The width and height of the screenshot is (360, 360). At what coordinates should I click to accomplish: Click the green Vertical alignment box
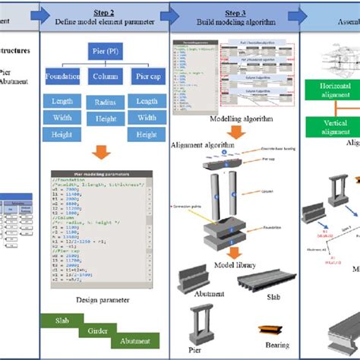(333, 127)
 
